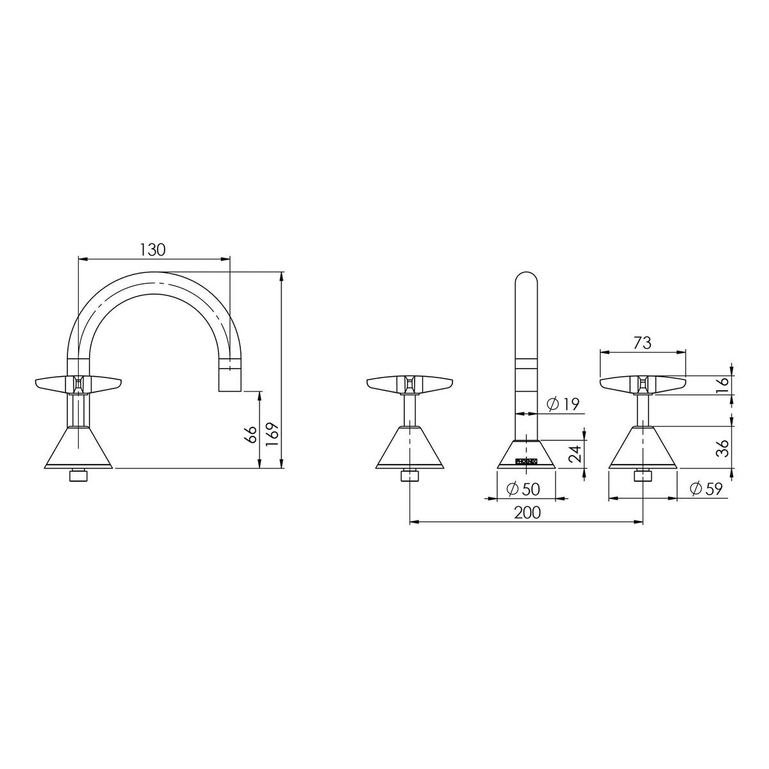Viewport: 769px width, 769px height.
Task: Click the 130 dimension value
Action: pos(152,250)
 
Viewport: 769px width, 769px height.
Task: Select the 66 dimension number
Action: pos(251,434)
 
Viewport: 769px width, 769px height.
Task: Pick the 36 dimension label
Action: pos(723,448)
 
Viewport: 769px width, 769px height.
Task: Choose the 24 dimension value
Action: pos(575,453)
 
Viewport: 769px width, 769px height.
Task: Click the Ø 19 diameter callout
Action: pos(563,404)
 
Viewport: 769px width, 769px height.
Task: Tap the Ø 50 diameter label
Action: pos(523,489)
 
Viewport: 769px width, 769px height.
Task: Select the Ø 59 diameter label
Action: pos(706,489)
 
